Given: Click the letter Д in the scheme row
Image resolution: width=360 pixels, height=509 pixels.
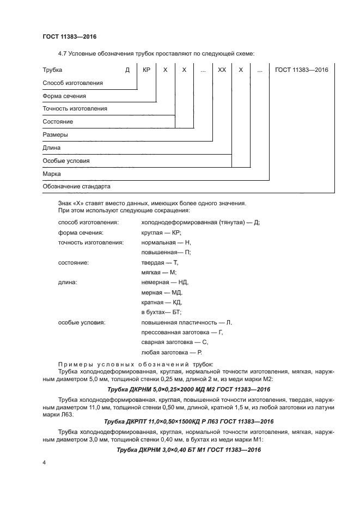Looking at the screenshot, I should (127, 70).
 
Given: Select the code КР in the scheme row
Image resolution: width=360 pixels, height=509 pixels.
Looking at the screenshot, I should (146, 70).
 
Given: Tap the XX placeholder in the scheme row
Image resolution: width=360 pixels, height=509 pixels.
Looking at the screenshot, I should (222, 70).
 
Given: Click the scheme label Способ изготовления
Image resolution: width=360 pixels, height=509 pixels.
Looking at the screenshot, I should (73, 83).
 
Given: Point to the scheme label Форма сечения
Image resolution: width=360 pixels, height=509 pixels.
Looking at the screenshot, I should (64, 96).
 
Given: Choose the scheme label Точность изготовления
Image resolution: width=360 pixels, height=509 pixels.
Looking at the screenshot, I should (75, 109).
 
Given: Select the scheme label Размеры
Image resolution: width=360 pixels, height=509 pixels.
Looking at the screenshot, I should (55, 135).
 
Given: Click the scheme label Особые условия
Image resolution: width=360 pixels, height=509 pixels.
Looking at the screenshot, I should (66, 161).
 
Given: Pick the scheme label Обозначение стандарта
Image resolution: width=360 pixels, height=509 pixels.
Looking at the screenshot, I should (76, 187).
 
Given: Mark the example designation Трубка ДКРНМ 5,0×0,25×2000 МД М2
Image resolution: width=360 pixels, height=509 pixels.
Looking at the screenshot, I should (189, 390).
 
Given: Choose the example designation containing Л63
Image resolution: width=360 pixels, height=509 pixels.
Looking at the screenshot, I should (188, 422).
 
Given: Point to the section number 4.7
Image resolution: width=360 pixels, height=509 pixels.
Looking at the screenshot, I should (62, 53).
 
